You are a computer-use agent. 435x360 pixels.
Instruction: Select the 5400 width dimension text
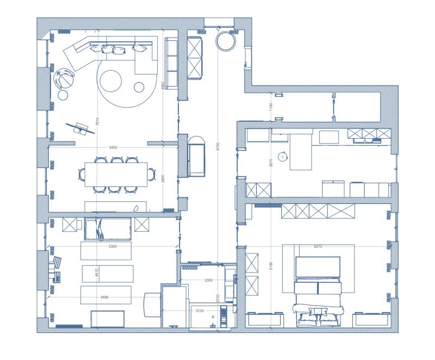(x=113, y=147)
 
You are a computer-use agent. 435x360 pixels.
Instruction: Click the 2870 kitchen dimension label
(x=270, y=162)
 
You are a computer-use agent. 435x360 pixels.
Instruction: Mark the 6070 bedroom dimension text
(x=318, y=246)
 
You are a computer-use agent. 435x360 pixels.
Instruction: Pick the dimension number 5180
(x=270, y=266)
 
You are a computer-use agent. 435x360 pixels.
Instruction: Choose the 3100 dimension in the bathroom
(x=200, y=311)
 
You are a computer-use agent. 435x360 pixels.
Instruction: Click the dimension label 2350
(x=208, y=280)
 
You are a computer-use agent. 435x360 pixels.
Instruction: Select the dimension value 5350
(x=113, y=246)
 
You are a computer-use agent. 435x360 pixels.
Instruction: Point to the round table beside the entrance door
(x=226, y=41)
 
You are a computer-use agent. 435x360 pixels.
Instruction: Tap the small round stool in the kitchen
(x=282, y=157)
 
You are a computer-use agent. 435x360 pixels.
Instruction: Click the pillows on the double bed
(x=315, y=312)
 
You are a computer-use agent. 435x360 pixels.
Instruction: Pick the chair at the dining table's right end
(x=151, y=175)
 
